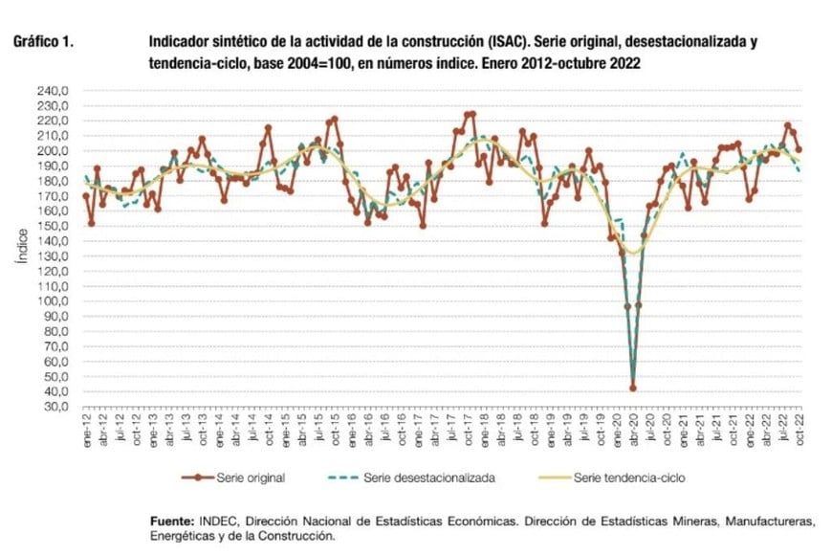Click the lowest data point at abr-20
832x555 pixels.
[633, 388]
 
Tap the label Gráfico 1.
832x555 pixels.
[44, 44]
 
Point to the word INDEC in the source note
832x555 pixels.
[219, 522]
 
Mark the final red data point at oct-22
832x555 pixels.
[799, 149]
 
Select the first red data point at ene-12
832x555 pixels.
[86, 196]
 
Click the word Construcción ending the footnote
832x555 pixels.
[295, 537]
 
